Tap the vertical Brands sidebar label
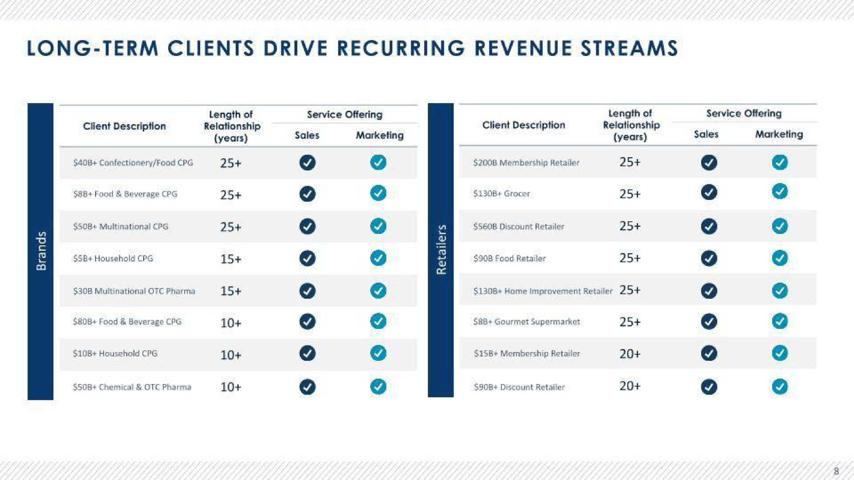41,251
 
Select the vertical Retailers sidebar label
441,249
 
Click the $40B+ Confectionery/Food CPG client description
133,163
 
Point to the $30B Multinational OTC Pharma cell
134,291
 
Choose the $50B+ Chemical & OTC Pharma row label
132,387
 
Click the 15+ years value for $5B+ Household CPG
231,259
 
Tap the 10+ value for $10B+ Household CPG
231,355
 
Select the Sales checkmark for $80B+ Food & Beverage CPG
307,321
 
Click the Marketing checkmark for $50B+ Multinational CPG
378,226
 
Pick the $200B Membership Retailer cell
527,163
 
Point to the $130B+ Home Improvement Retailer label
543,291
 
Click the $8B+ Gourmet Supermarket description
527,321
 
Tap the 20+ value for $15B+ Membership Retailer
630,354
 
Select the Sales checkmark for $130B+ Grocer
709,192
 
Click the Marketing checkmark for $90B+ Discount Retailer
780,387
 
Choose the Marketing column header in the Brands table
380,135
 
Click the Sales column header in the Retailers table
706,134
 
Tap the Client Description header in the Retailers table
524,125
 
